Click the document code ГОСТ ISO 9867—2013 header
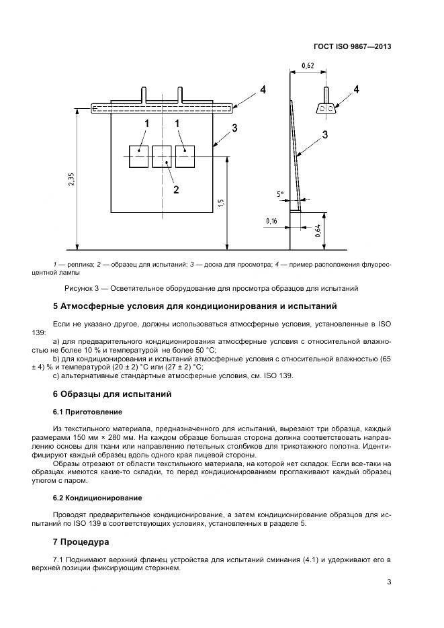pyautogui.click(x=352, y=47)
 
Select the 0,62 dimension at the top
pyautogui.click(x=308, y=65)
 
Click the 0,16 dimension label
pyautogui.click(x=271, y=220)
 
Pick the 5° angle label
pyautogui.click(x=281, y=194)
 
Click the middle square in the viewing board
pyautogui.click(x=163, y=156)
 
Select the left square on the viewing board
pyautogui.click(x=140, y=156)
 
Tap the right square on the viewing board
pyautogui.click(x=185, y=156)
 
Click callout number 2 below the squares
pyautogui.click(x=176, y=189)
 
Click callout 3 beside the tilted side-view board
pyautogui.click(x=324, y=134)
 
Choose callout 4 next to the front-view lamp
pyautogui.click(x=263, y=89)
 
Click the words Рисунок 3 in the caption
pyautogui.click(x=82, y=289)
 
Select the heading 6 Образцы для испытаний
pyautogui.click(x=112, y=394)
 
